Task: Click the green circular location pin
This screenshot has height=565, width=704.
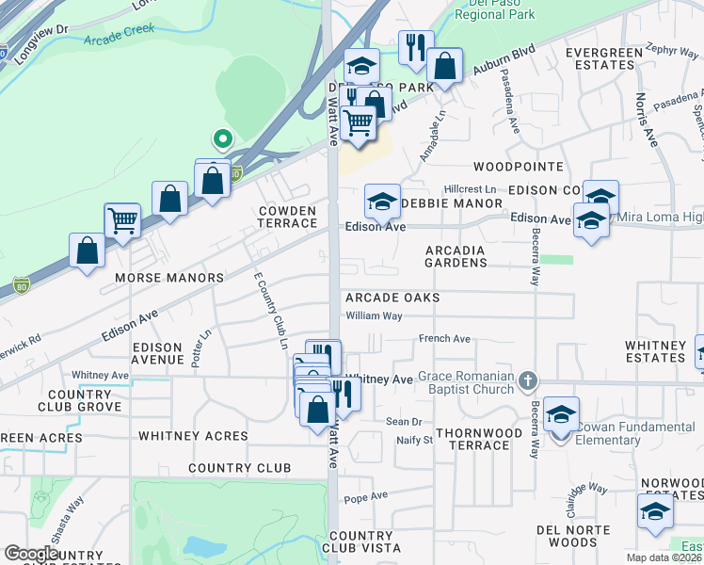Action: [x=222, y=140]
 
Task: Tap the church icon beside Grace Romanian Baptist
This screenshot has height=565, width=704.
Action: [x=528, y=380]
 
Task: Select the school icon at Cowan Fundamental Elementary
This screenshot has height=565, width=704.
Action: [x=561, y=414]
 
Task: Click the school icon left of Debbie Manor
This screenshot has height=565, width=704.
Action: [x=381, y=202]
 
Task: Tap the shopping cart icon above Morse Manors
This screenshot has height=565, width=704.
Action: [x=122, y=221]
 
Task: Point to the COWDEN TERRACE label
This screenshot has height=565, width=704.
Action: [x=287, y=216]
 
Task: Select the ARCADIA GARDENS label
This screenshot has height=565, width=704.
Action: [x=456, y=256]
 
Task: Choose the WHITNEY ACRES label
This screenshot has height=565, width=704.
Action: [x=193, y=436]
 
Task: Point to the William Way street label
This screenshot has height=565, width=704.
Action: [x=374, y=316]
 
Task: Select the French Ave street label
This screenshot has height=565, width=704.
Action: [x=444, y=339]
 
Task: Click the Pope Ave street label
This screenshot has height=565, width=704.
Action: [x=366, y=496]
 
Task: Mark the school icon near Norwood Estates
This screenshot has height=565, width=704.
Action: [x=655, y=512]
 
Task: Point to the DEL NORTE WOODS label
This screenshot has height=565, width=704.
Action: [x=567, y=535]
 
